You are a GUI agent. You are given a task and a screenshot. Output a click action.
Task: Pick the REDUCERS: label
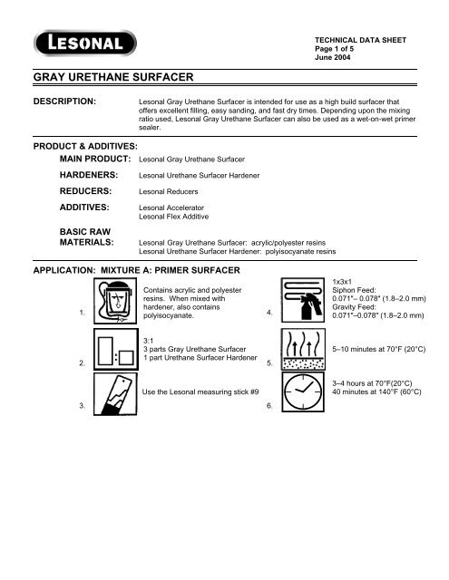tap(87, 191)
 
